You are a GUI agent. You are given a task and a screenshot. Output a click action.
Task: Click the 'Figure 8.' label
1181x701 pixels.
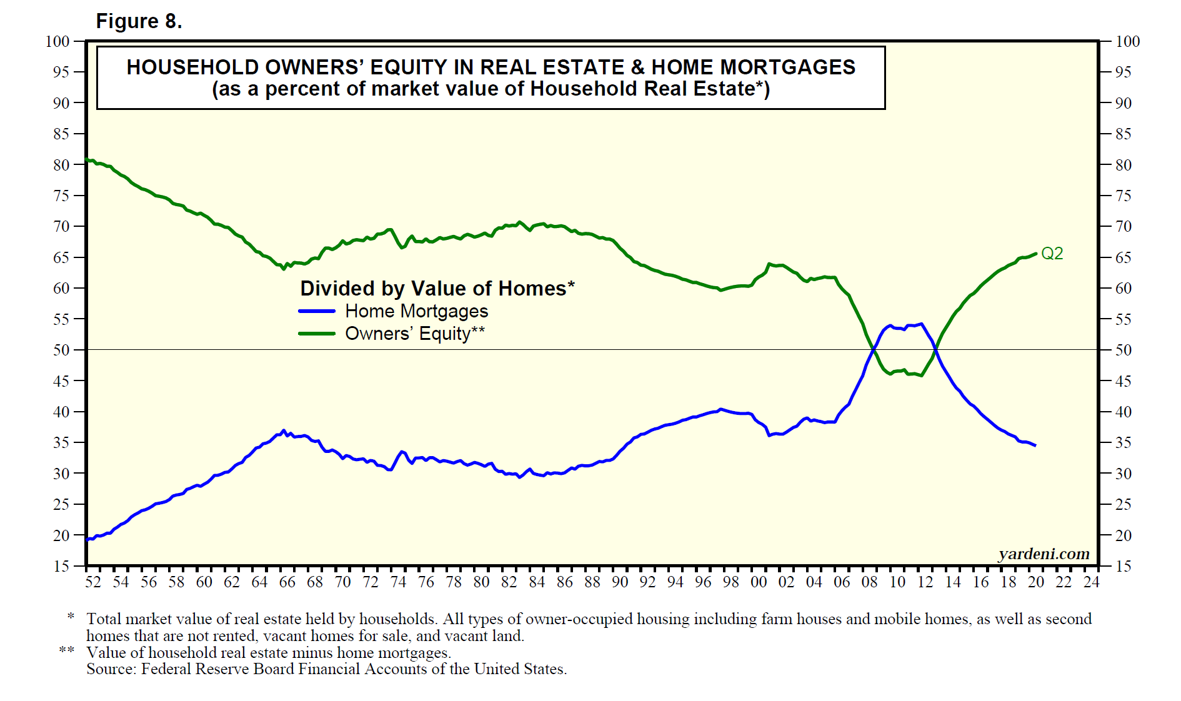point(139,21)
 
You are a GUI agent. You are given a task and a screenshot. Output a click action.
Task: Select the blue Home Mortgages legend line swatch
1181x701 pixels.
point(317,311)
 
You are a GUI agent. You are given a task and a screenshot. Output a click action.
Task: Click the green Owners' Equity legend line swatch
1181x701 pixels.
point(317,334)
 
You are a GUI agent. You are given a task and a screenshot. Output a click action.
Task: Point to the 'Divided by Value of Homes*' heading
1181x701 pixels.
point(437,288)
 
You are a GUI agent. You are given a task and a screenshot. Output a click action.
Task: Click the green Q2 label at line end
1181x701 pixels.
point(1052,254)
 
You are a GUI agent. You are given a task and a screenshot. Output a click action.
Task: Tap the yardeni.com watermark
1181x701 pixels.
point(1044,554)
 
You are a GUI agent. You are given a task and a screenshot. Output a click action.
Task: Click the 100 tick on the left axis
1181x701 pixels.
point(57,41)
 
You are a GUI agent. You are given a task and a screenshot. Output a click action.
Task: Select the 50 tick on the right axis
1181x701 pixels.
point(1123,350)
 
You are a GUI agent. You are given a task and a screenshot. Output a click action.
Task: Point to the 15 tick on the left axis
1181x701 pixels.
point(61,566)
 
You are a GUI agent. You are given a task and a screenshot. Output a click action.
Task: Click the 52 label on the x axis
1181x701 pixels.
point(93,582)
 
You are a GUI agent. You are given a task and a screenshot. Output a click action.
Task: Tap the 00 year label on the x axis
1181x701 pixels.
point(759,582)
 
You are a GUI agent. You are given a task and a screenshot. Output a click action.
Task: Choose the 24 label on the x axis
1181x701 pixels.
point(1091,582)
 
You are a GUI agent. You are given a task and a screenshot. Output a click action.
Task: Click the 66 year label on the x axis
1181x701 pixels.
point(287,582)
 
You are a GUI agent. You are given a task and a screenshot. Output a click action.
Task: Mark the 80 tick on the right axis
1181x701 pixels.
point(1123,165)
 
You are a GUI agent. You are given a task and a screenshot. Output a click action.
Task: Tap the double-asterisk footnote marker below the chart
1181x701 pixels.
point(67,650)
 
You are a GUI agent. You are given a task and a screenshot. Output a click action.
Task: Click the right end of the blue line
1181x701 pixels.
point(1035,445)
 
